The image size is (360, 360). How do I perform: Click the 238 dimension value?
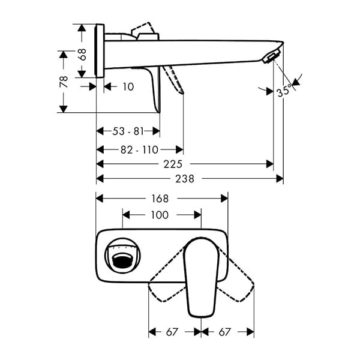[185, 179]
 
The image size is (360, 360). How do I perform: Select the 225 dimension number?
[173, 164]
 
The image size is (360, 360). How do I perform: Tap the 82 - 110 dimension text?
[140, 150]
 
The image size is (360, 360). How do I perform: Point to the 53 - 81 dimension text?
[128, 131]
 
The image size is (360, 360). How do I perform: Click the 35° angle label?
[284, 91]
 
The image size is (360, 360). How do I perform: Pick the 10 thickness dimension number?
[128, 87]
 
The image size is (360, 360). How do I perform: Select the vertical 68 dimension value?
[82, 55]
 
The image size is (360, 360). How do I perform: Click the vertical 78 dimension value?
[64, 82]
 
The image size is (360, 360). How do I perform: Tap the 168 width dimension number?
[160, 199]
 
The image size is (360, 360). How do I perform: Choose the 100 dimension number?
[160, 215]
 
